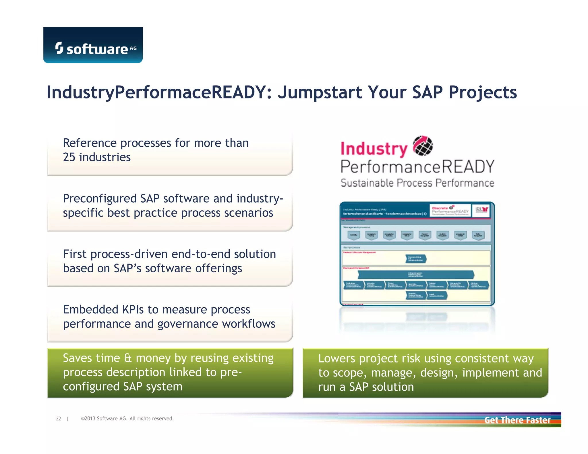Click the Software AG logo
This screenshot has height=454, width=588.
pyautogui.click(x=93, y=45)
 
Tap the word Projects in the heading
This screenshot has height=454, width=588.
pyautogui.click(x=483, y=92)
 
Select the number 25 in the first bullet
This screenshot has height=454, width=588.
pyautogui.click(x=69, y=157)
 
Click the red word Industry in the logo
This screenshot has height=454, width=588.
pyautogui.click(x=374, y=149)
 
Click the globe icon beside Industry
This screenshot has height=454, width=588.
pyautogui.click(x=423, y=146)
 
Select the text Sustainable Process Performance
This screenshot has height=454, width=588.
pyautogui.click(x=417, y=183)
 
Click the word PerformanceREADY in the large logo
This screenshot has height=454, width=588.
pyautogui.click(x=417, y=167)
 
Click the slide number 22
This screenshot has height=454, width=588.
pyautogui.click(x=59, y=419)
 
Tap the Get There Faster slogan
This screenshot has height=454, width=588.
pyautogui.click(x=517, y=420)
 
